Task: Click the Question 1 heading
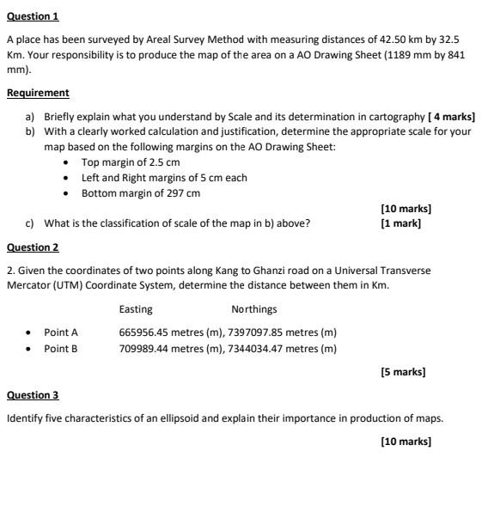pos(33,16)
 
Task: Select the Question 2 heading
pos(33,247)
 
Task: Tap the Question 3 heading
pos(33,395)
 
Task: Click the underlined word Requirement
pos(38,92)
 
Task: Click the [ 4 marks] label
pos(451,116)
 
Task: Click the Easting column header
pos(136,309)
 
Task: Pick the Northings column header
pos(254,309)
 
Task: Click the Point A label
pos(61,332)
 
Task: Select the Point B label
pos(61,349)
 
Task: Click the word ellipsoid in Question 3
pos(157,418)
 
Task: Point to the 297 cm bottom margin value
pos(176,192)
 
